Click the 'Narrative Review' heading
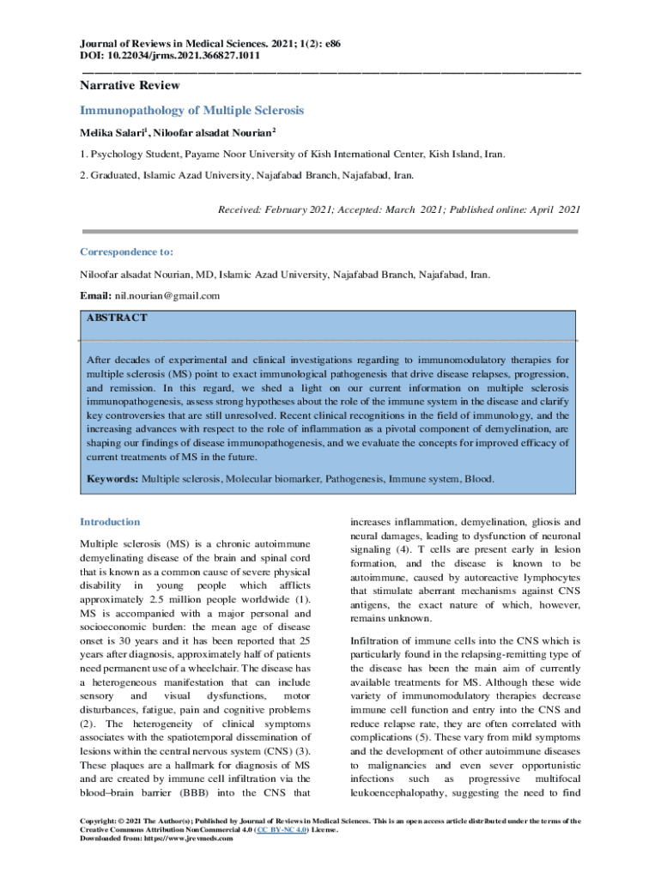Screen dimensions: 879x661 coord(130,86)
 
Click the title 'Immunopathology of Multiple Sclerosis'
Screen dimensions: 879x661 coord(192,111)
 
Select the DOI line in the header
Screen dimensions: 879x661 coord(170,55)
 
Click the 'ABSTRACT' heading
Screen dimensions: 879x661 coord(117,318)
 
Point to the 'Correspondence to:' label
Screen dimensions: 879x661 coord(126,252)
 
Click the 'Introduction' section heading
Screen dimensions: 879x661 coord(110,522)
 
